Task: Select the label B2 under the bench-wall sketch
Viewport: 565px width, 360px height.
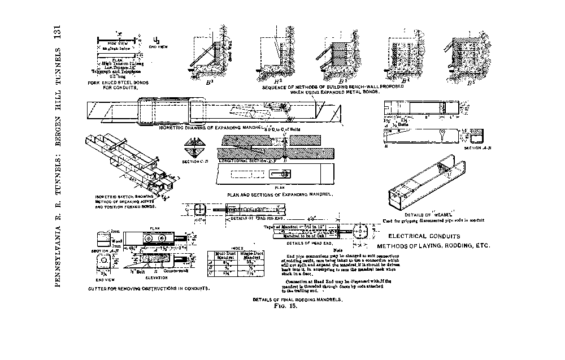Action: coord(271,81)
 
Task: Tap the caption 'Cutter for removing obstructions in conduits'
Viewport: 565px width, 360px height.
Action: coord(149,288)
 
